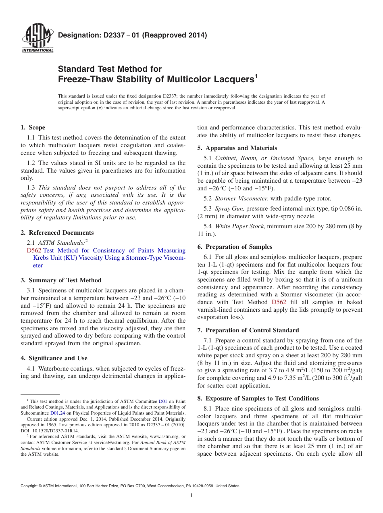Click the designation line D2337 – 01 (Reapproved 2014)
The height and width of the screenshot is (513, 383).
tap(132, 35)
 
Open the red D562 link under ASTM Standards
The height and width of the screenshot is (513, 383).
tap(34, 250)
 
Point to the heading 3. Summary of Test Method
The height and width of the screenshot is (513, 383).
tap(61, 280)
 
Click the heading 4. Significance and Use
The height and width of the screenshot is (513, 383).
tap(54, 358)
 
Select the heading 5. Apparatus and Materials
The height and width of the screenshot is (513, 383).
tap(237, 148)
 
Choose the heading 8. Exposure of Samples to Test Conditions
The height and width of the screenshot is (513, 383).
tap(258, 398)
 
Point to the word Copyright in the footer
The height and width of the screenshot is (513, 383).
tap(30, 486)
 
